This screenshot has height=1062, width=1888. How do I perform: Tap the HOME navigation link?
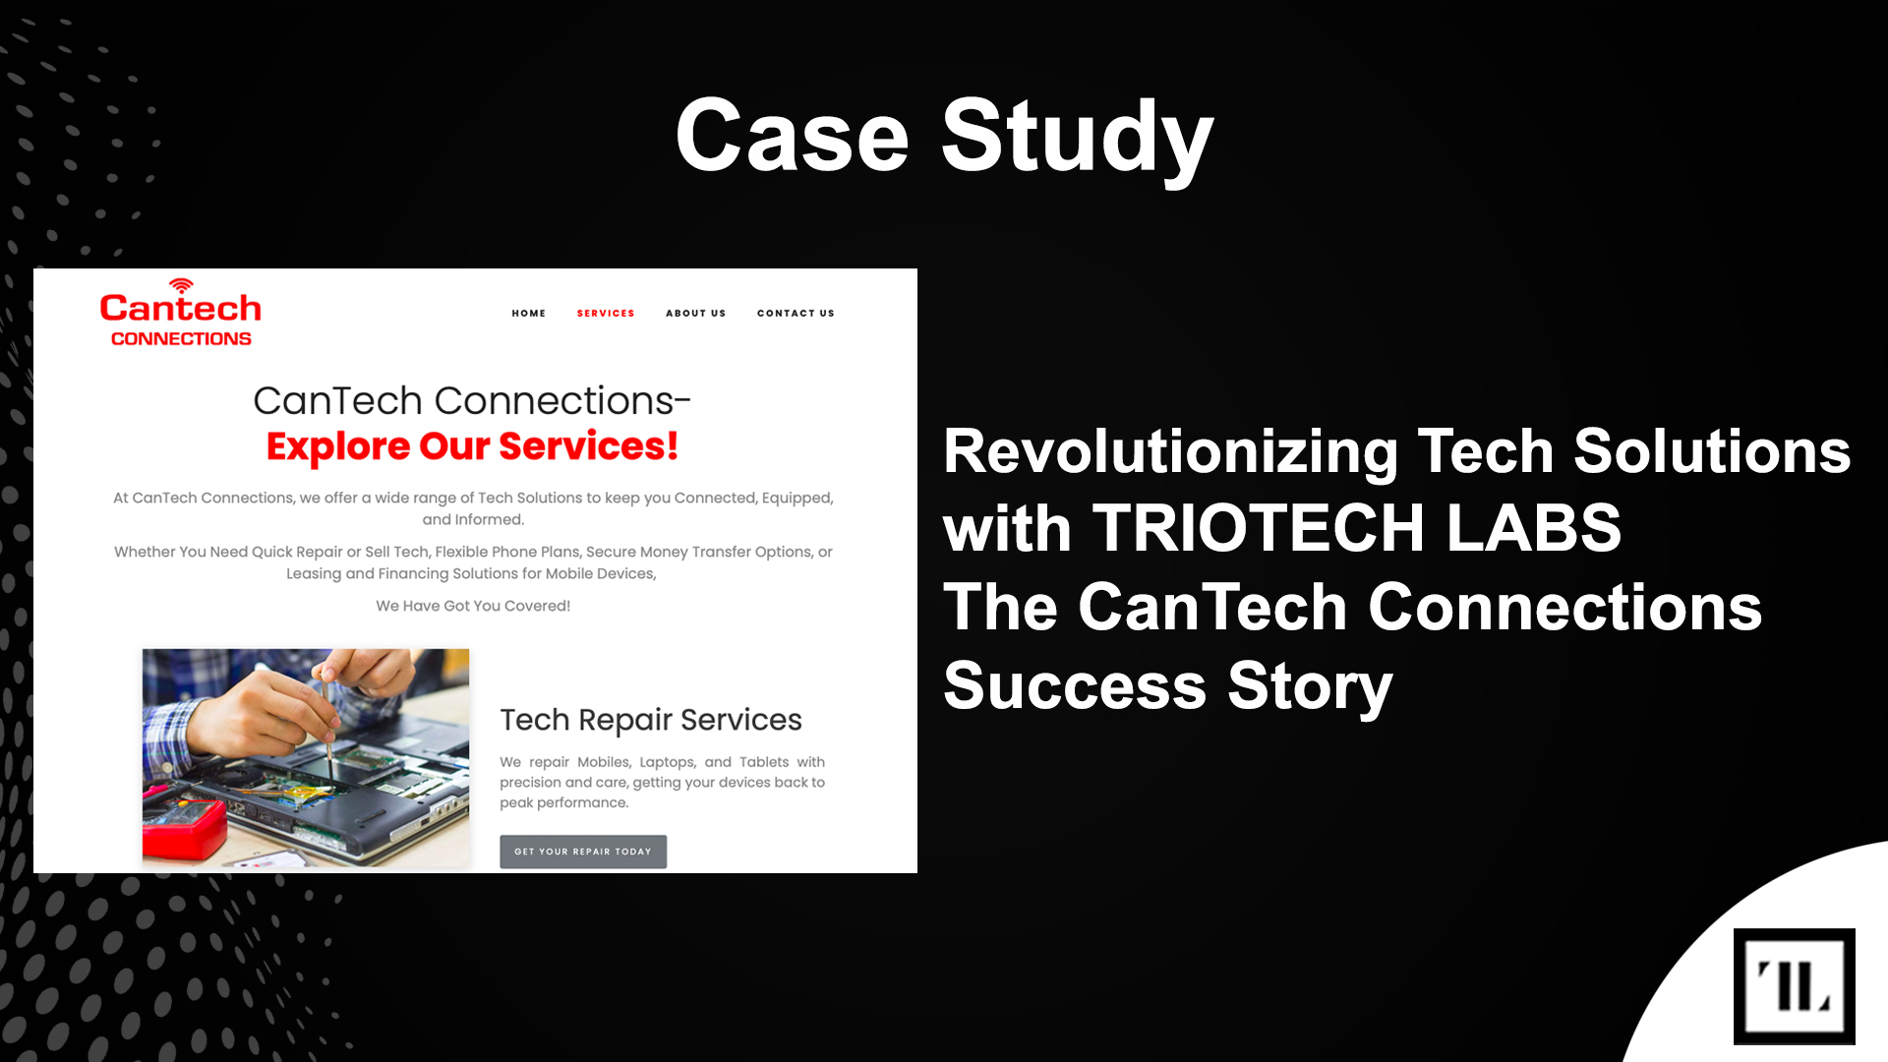click(x=529, y=313)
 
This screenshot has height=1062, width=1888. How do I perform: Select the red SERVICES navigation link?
click(x=606, y=313)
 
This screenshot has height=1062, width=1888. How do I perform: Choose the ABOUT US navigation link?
click(x=696, y=313)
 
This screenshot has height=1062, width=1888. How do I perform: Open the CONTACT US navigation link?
click(x=796, y=313)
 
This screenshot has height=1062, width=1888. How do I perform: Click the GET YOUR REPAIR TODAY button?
click(x=583, y=852)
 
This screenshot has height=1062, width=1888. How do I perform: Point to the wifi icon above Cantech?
click(x=181, y=285)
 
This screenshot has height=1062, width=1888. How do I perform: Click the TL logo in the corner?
click(x=1794, y=986)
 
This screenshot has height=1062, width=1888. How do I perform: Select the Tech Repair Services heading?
click(x=651, y=720)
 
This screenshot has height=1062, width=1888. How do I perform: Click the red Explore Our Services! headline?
click(x=472, y=446)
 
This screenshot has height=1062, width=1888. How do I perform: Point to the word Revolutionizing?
click(x=1170, y=453)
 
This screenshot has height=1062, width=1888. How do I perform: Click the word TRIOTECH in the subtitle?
click(x=1258, y=528)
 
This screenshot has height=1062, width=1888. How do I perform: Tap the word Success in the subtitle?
click(x=1075, y=685)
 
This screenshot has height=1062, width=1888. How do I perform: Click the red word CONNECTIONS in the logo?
click(x=181, y=338)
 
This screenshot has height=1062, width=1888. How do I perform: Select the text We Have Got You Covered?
click(x=473, y=606)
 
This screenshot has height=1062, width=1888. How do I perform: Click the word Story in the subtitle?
click(x=1310, y=687)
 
